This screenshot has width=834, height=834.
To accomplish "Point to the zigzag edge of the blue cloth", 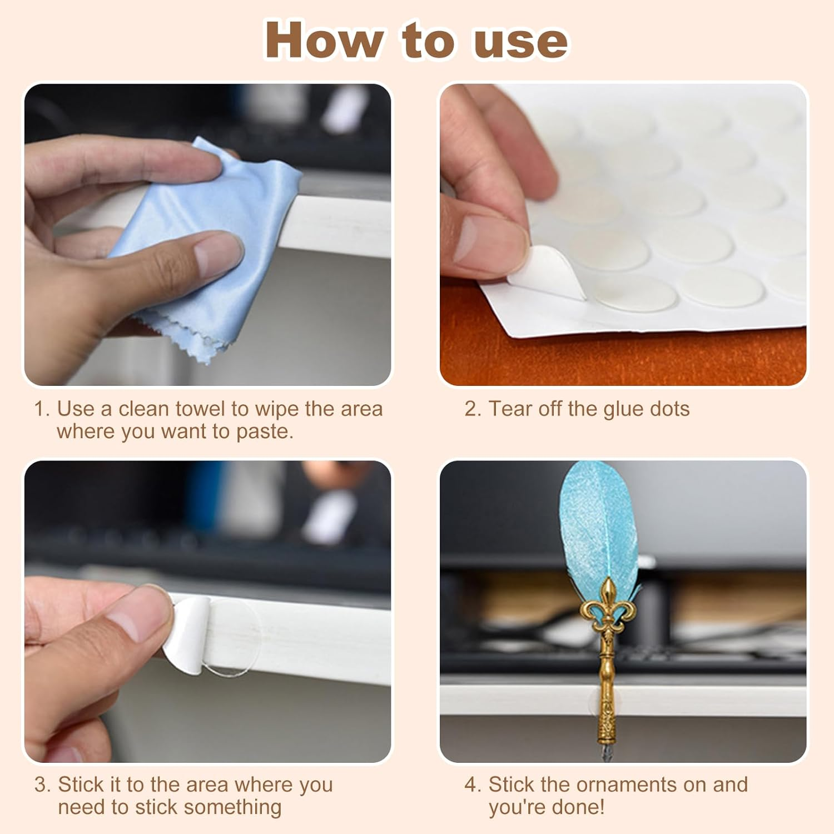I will click(x=183, y=334).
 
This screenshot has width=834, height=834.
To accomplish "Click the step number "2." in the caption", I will click(x=473, y=409).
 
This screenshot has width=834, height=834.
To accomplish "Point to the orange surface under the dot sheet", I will click(x=612, y=359).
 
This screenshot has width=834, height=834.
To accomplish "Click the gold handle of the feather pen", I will click(x=607, y=701).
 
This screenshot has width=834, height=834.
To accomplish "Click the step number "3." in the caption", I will click(x=42, y=785).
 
